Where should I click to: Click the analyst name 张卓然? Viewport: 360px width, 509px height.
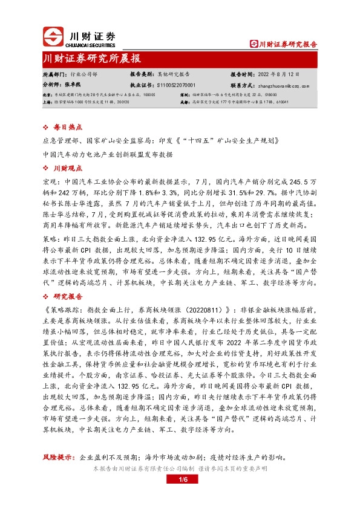[x=73, y=85]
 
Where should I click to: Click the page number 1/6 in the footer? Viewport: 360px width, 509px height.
[x=180, y=480]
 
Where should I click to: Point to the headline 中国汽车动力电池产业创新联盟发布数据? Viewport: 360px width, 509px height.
[x=108, y=154]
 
